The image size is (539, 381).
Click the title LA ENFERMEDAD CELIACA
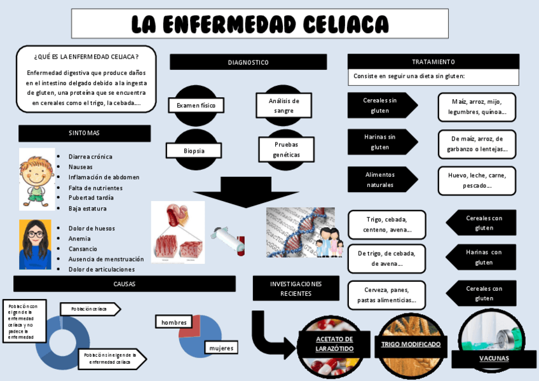pos(259,24)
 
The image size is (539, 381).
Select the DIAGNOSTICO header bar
pos(248,62)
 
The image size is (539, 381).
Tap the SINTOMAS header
pos(85,133)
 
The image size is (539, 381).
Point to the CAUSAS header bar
pos(125,284)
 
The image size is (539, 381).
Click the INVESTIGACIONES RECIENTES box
pos(296,288)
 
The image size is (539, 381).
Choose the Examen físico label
pos(196,105)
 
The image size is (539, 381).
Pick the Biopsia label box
pos(194,151)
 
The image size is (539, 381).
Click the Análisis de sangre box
pos(283,106)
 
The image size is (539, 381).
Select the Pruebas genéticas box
pos(285,149)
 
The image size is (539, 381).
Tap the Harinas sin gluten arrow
pos(380,142)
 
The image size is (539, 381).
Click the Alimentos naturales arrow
pos(380,179)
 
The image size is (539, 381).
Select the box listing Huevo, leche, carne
pos(477,181)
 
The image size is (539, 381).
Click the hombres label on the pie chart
pos(174,322)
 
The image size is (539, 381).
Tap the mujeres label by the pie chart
pos(221,348)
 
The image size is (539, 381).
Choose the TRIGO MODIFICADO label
pos(411,344)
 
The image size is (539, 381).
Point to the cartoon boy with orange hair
pos(36,178)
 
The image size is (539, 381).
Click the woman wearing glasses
pos(35,244)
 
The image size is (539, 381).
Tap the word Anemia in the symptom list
pos(79,239)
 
